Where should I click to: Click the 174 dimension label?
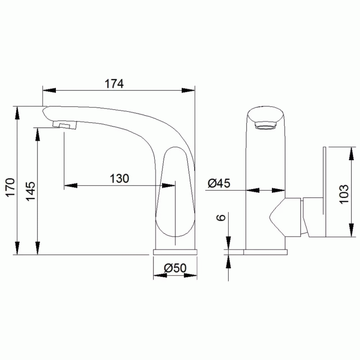coord(114,84)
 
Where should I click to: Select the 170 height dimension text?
coord(10,187)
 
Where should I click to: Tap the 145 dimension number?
coord(31,191)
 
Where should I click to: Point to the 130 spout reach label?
coord(119,178)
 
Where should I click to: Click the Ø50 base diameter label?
coord(175,268)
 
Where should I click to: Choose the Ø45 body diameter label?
coord(219,183)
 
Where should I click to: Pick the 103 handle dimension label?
coord(344,194)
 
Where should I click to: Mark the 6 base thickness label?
coord(221,217)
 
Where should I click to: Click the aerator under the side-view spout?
coord(65,125)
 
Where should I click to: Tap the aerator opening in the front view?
coord(265,126)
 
